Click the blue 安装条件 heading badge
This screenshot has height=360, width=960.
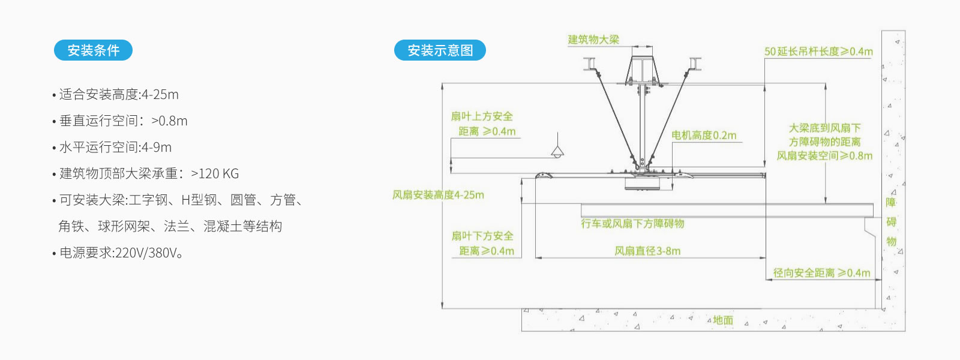coord(93,50)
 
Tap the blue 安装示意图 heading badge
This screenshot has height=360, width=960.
coord(440,50)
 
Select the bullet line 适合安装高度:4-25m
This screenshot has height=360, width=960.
coord(115,94)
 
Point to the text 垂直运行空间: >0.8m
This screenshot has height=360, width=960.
coord(119,121)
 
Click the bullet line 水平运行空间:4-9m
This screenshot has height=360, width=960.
coord(112,148)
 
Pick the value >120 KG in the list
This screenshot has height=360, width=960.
coord(215,173)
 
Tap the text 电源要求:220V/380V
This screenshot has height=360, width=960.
coord(118,253)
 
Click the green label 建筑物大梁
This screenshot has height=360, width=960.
coord(593,40)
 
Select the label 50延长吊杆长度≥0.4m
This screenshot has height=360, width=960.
coord(818,52)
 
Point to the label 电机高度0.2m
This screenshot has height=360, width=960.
coord(704,136)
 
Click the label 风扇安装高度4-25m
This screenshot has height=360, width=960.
coord(438,195)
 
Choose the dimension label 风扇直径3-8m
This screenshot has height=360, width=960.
coord(647,251)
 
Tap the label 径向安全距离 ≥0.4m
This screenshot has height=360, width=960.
coord(821,273)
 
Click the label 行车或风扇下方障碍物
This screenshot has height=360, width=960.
coord(632,223)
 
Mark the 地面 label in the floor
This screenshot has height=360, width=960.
coord(723,320)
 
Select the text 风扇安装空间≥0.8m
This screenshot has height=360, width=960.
coord(824,155)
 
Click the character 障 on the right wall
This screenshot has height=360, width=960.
coord(891,202)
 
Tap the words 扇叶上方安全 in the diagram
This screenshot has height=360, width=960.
coord(482,116)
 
